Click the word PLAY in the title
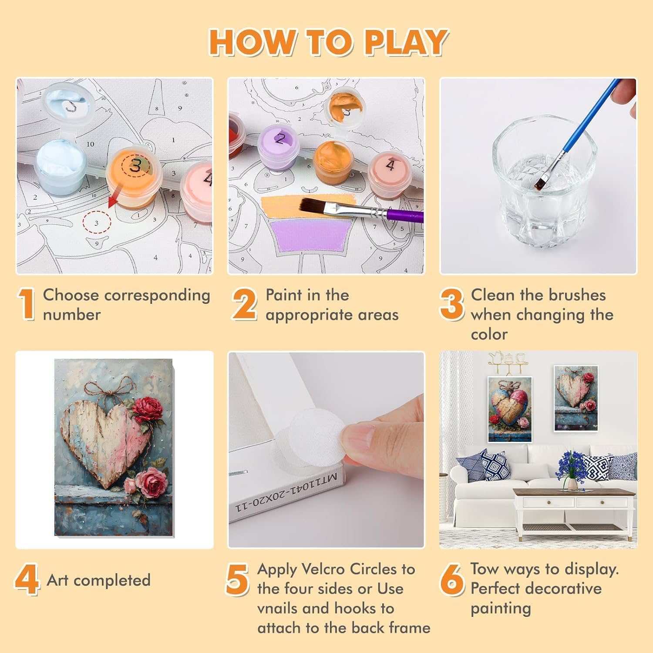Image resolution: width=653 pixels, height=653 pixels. tap(406, 42)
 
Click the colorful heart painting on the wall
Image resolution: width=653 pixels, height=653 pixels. tap(510, 409)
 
